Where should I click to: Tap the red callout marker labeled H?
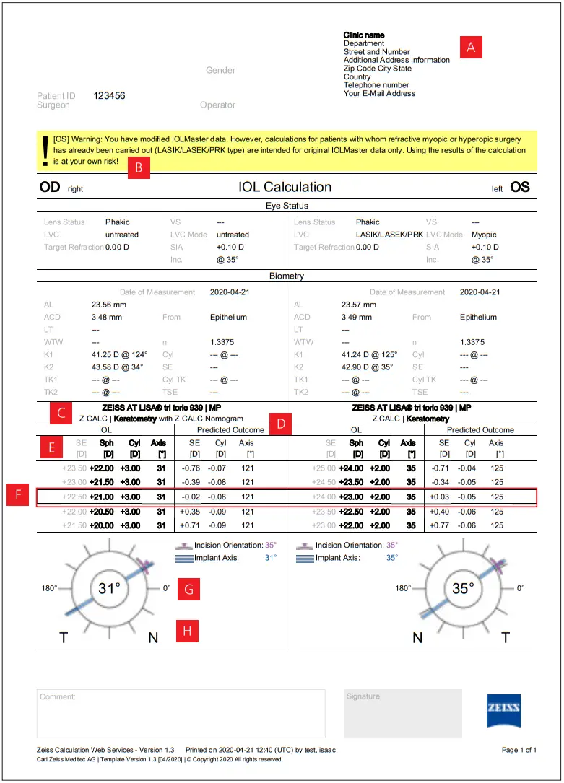(x=187, y=631)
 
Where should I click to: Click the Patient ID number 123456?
(x=109, y=95)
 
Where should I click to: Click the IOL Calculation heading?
(x=285, y=187)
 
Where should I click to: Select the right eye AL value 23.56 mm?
(x=108, y=305)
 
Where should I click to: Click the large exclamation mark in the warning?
(x=45, y=150)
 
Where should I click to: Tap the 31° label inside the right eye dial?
(x=108, y=589)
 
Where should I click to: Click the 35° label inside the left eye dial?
(x=461, y=589)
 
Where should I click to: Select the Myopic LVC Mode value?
(x=484, y=235)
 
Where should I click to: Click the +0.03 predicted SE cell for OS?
(x=439, y=497)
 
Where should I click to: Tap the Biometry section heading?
(x=287, y=275)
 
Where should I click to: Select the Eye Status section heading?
(x=287, y=206)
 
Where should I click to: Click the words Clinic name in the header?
(x=364, y=35)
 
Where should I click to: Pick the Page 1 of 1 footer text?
(x=519, y=751)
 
